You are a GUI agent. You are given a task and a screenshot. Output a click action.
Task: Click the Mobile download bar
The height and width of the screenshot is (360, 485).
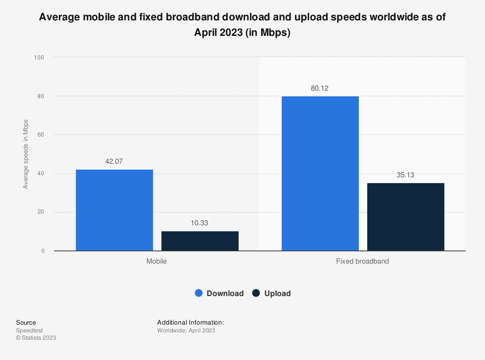click(114, 210)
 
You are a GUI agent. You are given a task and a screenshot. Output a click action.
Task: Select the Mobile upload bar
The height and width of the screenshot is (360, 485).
click(200, 241)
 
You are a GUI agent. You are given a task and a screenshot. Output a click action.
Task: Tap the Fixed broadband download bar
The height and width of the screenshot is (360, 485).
click(320, 173)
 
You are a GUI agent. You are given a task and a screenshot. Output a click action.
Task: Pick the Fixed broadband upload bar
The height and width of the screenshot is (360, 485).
click(405, 217)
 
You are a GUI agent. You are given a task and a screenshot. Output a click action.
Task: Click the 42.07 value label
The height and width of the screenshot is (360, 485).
click(114, 161)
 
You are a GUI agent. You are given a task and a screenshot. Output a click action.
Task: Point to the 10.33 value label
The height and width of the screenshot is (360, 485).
click(200, 223)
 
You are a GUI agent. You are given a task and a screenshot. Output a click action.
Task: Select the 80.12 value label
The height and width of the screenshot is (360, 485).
click(320, 88)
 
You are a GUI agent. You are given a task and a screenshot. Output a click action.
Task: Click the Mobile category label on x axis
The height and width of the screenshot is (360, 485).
click(157, 261)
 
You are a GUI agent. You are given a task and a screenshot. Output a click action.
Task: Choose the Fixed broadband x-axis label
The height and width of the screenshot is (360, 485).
click(362, 261)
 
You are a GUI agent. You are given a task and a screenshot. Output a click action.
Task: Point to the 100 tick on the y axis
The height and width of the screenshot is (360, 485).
click(39, 57)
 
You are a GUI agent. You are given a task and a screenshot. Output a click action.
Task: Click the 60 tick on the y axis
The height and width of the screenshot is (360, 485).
click(41, 135)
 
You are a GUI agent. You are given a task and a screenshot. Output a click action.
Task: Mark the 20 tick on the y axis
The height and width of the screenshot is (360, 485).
click(41, 212)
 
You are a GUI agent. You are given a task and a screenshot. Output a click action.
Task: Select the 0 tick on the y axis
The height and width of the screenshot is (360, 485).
click(43, 251)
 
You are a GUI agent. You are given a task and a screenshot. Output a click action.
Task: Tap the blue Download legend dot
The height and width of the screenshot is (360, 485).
click(199, 293)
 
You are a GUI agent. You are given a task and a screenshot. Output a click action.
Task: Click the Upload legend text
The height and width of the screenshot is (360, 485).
click(277, 293)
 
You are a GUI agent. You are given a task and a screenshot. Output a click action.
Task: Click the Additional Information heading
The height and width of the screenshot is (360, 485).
click(190, 322)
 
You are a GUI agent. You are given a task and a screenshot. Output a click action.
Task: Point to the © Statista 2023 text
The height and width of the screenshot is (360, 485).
click(36, 338)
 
